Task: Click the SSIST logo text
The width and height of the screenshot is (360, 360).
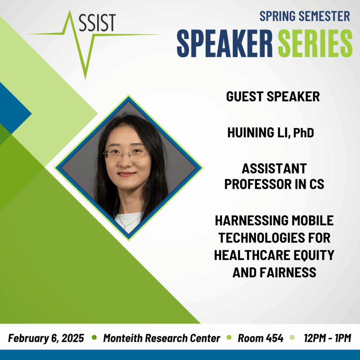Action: click(97, 22)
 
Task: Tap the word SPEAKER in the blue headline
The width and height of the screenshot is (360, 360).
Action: click(225, 43)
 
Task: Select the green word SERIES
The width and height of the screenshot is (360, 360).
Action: click(315, 43)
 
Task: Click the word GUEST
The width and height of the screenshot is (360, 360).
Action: click(245, 96)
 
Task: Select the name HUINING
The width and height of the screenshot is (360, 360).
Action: click(251, 133)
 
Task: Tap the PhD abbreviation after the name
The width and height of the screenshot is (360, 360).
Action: click(303, 133)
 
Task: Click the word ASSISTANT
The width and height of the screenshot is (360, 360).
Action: click(274, 168)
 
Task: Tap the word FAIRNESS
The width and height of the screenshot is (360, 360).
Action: click(288, 272)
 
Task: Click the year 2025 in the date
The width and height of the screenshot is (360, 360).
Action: click(72, 338)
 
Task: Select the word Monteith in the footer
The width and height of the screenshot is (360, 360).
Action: click(123, 338)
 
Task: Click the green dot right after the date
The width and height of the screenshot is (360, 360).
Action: click(94, 337)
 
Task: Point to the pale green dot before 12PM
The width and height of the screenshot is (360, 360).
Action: click(292, 337)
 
